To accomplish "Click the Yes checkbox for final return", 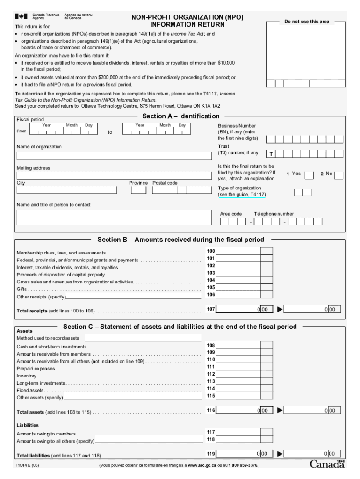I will pyautogui.click(x=309, y=175).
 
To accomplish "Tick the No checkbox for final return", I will pyautogui.click(x=338, y=175).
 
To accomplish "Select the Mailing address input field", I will pyautogui.click(x=113, y=175).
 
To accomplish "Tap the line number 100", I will pyautogui.click(x=211, y=251).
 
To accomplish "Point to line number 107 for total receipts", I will pyautogui.click(x=211, y=309).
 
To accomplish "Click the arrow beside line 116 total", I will pyautogui.click(x=280, y=410).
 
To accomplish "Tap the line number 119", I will pyautogui.click(x=211, y=454).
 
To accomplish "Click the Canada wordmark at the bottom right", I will pyautogui.click(x=327, y=464).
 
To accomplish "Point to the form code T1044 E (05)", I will pyautogui.click(x=27, y=466).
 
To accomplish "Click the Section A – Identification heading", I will pyautogui.click(x=180, y=116).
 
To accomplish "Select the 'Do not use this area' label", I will pyautogui.click(x=307, y=22).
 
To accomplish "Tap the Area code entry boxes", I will pyautogui.click(x=233, y=221).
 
